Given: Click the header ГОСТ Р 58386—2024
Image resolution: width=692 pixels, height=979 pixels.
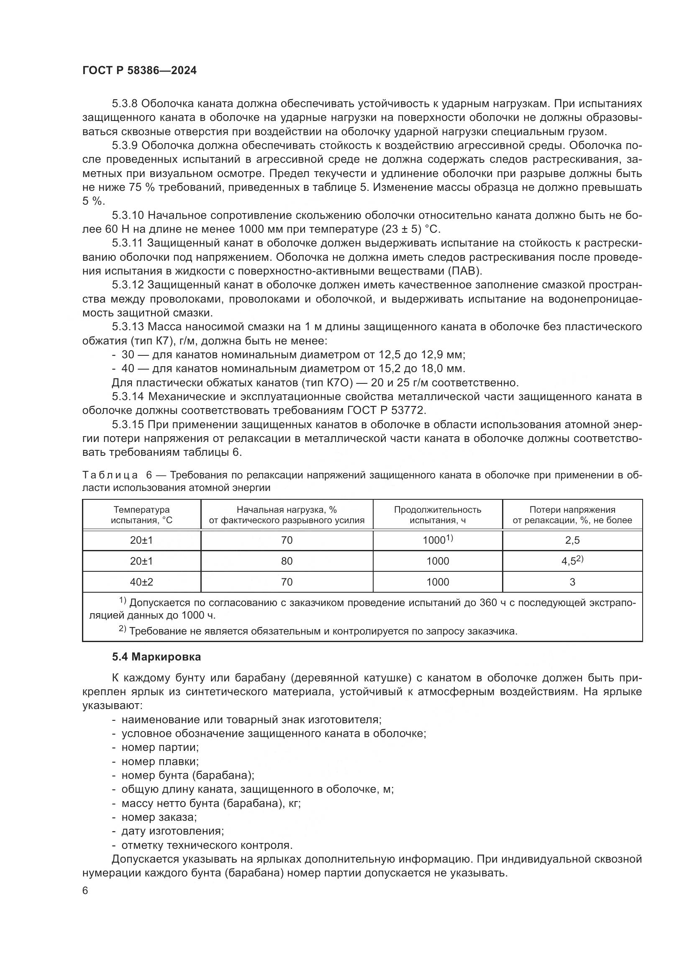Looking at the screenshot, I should point(139,71).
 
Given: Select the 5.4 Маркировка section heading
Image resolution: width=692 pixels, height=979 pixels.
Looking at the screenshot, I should point(156,657).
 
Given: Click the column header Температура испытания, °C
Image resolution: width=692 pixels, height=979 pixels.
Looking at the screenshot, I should point(141,515).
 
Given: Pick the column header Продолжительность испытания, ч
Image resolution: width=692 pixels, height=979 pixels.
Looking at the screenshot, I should point(437,515).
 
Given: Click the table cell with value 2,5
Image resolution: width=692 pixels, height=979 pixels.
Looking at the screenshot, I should point(572,540).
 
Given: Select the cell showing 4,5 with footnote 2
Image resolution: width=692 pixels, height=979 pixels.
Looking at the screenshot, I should point(572,561).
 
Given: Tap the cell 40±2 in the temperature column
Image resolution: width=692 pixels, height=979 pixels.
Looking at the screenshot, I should point(141,582).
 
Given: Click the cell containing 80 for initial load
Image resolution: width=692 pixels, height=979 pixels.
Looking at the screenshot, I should point(287,561).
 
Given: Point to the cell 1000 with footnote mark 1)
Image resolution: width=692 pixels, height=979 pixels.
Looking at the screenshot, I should point(437,540).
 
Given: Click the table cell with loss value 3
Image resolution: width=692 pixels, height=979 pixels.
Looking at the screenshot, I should point(572,582).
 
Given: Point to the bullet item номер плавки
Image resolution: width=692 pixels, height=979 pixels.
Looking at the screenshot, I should point(160,761).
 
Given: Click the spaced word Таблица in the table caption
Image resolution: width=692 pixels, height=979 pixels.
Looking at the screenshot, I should point(110,475).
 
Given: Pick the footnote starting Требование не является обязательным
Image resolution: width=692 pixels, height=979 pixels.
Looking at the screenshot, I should point(323,631).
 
